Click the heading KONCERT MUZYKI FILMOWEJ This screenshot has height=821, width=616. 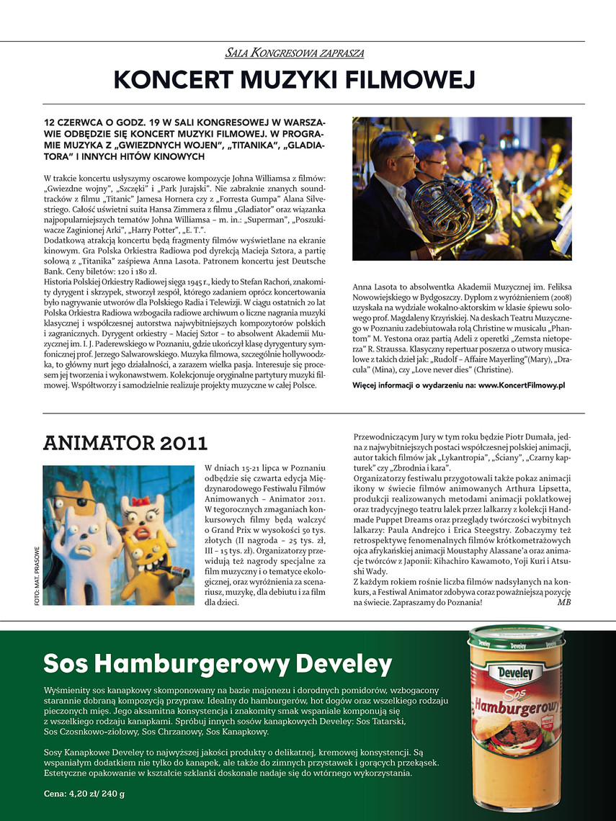coord(294,80)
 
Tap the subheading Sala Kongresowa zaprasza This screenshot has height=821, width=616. coord(294,53)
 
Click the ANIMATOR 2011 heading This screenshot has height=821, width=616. coord(125,442)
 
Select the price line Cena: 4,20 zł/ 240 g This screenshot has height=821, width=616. coord(84,794)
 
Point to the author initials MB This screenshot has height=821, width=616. coord(563,602)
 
